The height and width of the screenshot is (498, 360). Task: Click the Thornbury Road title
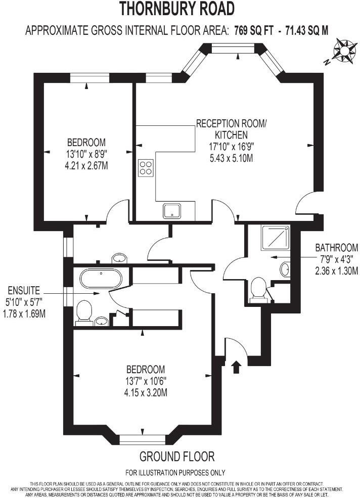pyautogui.click(x=177, y=9)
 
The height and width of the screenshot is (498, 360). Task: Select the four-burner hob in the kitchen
pyautogui.click(x=146, y=168)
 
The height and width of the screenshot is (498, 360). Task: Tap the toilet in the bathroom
pyautogui.click(x=259, y=289)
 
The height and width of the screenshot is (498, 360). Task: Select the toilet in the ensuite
pyautogui.click(x=83, y=311)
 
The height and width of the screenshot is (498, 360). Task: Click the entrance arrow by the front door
pyautogui.click(x=236, y=366)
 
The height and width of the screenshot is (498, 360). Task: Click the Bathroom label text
pyautogui.click(x=337, y=248)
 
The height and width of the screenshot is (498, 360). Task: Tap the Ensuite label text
pyautogui.click(x=24, y=291)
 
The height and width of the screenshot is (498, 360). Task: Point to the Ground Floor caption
pyautogui.click(x=177, y=457)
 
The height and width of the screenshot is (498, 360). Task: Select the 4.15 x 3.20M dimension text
pyautogui.click(x=146, y=392)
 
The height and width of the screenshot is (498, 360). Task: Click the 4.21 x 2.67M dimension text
pyautogui.click(x=86, y=165)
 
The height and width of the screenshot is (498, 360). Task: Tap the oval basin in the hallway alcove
pyautogui.click(x=119, y=258)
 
